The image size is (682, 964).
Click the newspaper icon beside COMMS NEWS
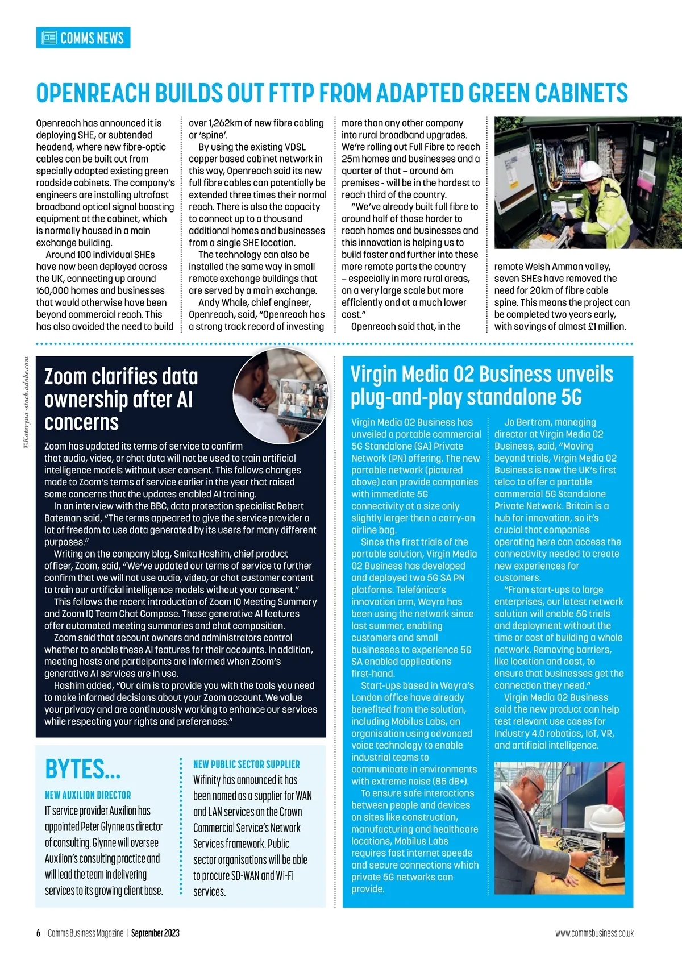49,38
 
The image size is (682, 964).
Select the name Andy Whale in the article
223,303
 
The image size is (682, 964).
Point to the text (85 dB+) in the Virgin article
447,782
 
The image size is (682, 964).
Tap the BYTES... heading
83,769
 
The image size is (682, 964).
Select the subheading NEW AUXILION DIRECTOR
88,795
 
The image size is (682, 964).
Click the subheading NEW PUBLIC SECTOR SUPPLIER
247,764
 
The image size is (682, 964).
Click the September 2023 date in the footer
155,933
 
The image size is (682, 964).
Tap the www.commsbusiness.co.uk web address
594,933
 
